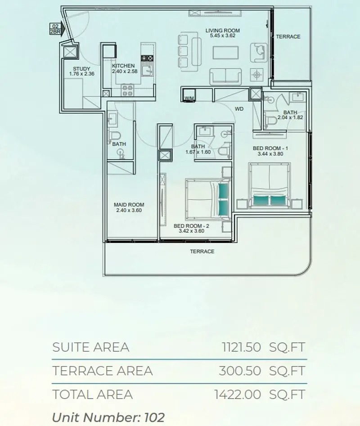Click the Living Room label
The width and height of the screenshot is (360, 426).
tap(222, 31)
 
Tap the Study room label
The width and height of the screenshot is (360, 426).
tap(81, 68)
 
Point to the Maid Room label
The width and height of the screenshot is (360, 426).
tap(129, 205)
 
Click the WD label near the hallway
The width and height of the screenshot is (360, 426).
tap(239, 109)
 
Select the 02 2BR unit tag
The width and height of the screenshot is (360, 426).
tap(55, 29)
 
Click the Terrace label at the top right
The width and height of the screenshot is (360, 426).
tap(288, 36)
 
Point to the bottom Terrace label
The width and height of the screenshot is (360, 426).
tap(202, 251)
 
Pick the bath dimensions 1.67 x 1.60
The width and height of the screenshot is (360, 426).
tap(198, 152)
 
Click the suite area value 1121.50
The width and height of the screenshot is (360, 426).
tap(241, 347)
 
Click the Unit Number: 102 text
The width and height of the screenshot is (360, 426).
tap(108, 417)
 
